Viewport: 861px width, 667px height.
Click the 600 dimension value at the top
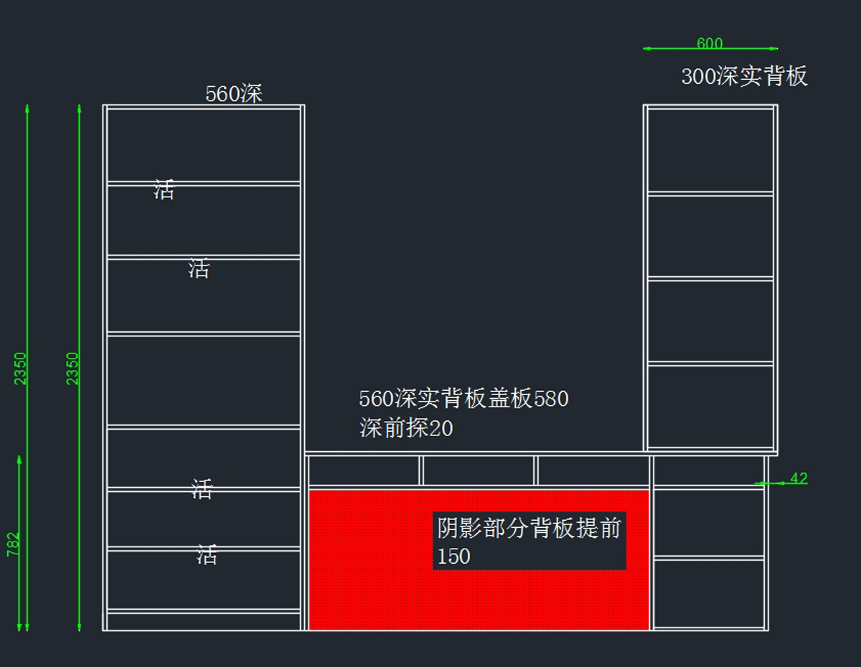tap(710, 44)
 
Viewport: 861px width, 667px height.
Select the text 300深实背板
tap(744, 76)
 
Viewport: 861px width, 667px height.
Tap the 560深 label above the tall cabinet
tap(234, 94)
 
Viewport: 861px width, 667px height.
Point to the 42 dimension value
tap(799, 478)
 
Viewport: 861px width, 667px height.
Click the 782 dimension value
tap(14, 544)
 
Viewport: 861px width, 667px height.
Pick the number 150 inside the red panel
tap(454, 557)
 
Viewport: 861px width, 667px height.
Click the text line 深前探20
tap(406, 429)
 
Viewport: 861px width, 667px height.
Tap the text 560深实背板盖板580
tap(464, 399)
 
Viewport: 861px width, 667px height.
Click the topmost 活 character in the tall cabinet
tap(164, 190)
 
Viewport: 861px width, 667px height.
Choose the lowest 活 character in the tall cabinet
tap(207, 554)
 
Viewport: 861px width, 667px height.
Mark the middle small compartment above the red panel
tap(478, 470)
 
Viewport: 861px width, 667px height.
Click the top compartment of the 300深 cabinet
tap(710, 149)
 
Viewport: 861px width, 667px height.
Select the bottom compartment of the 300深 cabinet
tap(710, 407)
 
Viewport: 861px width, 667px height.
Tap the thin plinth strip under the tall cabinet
tap(203, 621)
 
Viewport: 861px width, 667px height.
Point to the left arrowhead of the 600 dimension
tap(646, 49)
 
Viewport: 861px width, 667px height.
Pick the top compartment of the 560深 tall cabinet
tap(203, 145)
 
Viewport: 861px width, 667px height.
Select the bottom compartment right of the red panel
tap(709, 593)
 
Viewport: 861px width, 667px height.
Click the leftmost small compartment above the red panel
tap(364, 470)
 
